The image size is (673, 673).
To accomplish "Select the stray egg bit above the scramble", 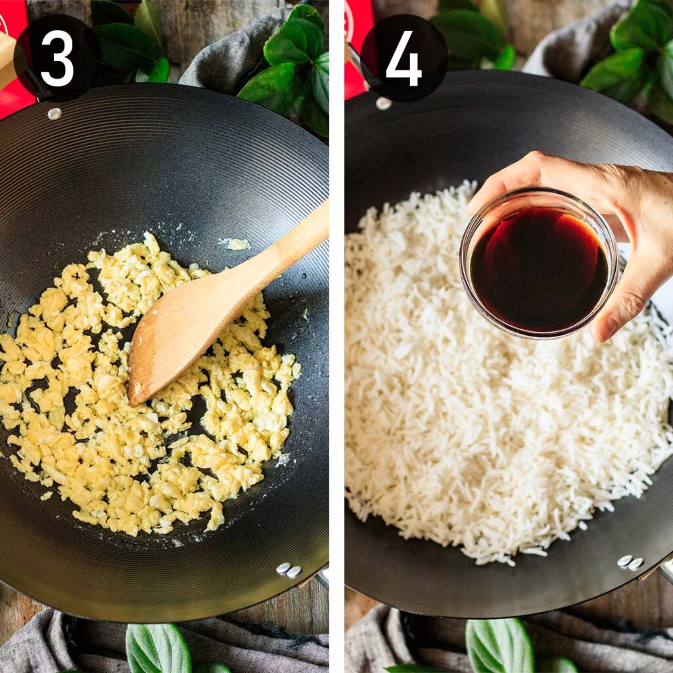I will (x=236, y=244).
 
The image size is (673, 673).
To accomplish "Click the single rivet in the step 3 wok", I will (x=55, y=114).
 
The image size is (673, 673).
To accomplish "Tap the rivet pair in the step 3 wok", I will (x=288, y=569).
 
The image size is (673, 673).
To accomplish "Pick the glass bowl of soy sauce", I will (x=539, y=263).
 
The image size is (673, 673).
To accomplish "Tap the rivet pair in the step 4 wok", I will (x=630, y=562).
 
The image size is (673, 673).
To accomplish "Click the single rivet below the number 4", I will (x=383, y=104).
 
